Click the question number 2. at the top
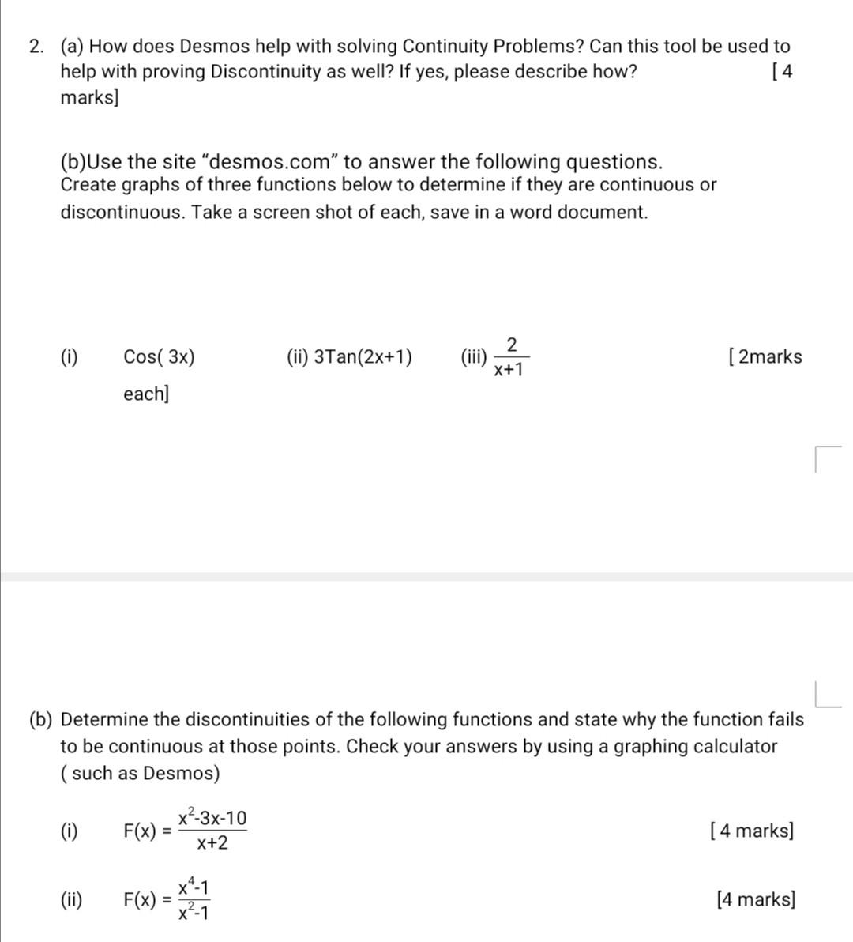click(x=36, y=47)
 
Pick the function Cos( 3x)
click(x=159, y=357)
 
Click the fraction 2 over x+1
click(x=510, y=357)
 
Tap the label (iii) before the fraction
click(x=474, y=357)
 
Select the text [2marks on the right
click(x=765, y=357)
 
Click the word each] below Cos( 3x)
click(x=146, y=394)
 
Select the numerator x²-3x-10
click(x=212, y=818)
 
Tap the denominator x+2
click(x=212, y=843)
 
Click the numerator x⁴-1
click(x=194, y=887)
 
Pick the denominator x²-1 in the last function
click(x=194, y=913)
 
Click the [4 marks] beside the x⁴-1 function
click(x=756, y=899)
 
